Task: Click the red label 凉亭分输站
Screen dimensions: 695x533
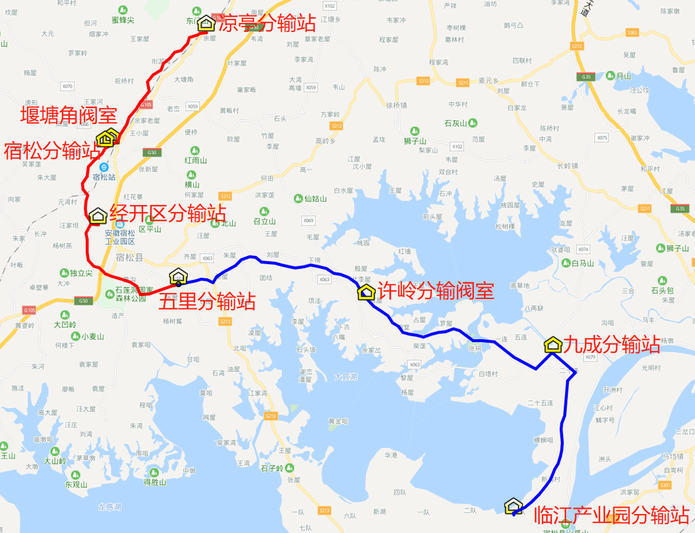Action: pos(267,23)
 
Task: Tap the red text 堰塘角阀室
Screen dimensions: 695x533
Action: pos(68,116)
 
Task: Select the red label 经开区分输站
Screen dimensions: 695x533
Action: pos(168,213)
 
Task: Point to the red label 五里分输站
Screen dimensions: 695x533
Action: pos(207,302)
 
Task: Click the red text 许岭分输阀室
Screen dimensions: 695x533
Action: pos(436,291)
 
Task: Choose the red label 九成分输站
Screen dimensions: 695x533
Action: pos(612,345)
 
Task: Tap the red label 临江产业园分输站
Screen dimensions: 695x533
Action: pos(612,515)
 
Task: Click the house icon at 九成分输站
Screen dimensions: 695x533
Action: pos(553,345)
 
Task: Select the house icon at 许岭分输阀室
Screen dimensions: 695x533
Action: pos(366,292)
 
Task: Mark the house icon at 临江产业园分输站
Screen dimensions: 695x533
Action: pos(513,506)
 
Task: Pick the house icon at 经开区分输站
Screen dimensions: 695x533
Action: pos(98,215)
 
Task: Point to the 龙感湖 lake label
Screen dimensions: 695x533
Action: pos(109,507)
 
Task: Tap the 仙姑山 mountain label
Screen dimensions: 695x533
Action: pos(315,199)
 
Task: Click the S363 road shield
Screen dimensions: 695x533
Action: pos(632,33)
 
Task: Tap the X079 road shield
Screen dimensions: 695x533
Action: pos(590,357)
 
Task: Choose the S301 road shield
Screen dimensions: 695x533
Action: pos(665,485)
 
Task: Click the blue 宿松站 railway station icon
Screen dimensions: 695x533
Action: pos(104,167)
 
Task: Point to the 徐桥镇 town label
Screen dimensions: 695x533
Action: pos(396,105)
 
